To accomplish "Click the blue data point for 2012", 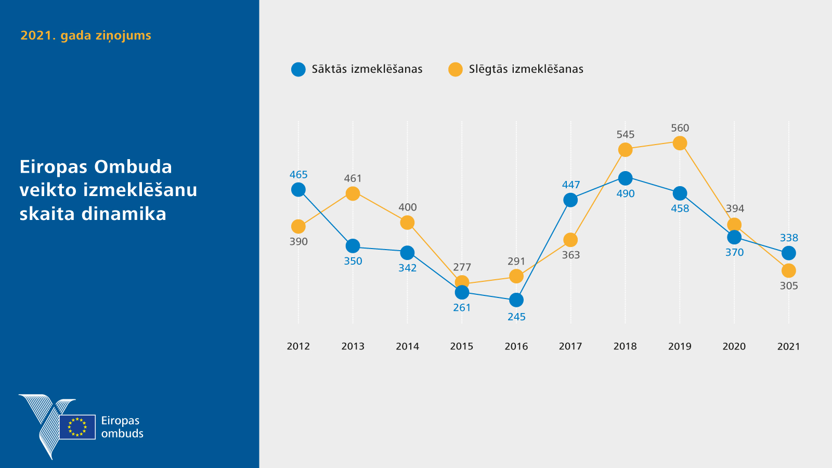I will [x=298, y=190].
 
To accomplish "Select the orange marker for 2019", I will [x=680, y=143].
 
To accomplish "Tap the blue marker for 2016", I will [x=516, y=300].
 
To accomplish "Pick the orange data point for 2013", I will [x=353, y=193].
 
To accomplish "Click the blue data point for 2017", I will [x=570, y=200].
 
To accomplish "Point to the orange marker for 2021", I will [x=789, y=270].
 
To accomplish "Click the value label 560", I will [x=680, y=128].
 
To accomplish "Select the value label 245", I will [x=516, y=317].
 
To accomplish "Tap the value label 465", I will [x=298, y=175].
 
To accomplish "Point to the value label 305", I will [x=789, y=285].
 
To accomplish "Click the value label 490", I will [x=626, y=193].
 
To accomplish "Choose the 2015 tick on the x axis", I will [x=462, y=346].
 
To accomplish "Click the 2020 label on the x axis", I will [x=734, y=346].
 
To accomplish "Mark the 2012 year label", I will [x=298, y=346].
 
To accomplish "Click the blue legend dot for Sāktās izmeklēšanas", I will [x=298, y=69].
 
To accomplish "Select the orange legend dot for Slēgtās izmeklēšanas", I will [x=456, y=69].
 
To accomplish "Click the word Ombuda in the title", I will [x=133, y=167].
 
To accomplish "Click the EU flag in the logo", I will [x=77, y=427].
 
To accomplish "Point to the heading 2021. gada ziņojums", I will [x=86, y=35].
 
